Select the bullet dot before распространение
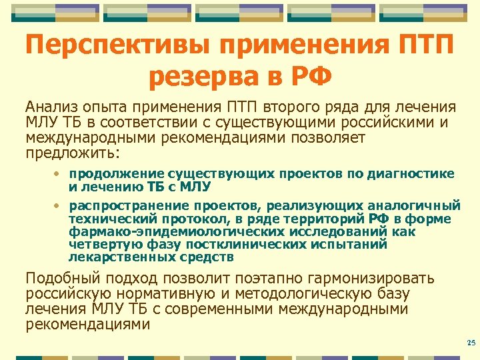click(x=58, y=204)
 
